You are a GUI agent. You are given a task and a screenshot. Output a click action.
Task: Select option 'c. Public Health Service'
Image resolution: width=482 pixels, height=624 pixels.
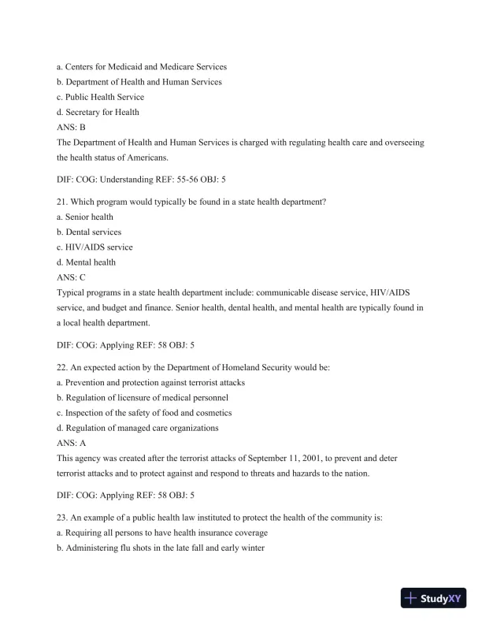(100, 97)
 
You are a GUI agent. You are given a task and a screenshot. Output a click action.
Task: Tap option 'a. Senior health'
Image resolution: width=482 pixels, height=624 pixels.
(85, 217)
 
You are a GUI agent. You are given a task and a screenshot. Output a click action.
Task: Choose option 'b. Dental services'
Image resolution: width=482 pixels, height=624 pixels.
(89, 232)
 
